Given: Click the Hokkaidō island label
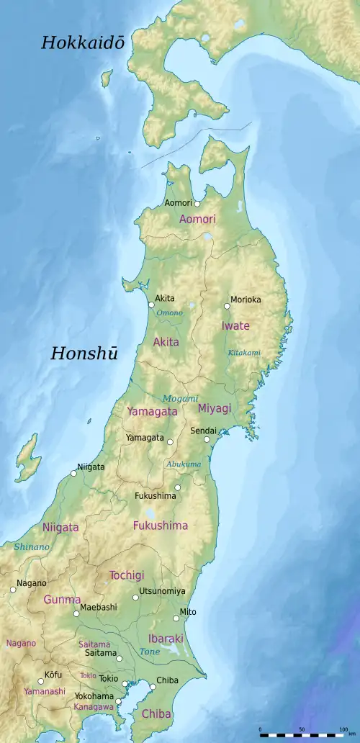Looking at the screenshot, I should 83,43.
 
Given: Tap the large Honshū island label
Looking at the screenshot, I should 84,353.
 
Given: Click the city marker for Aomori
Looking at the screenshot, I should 197,204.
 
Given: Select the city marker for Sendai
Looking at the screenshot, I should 207,439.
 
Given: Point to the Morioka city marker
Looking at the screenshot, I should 227,306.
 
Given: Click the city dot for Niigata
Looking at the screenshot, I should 73,473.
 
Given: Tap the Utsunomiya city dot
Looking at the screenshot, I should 135,597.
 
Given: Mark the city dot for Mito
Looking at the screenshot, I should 176,618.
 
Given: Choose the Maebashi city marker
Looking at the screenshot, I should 76,613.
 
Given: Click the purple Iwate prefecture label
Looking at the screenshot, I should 235,326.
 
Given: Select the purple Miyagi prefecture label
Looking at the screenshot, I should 215,408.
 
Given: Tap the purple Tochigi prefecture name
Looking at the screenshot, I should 127,575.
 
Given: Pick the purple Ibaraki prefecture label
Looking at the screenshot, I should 166,639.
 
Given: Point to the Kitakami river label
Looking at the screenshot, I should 244,353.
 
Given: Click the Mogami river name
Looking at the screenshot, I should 180,398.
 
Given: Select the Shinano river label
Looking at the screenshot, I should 32,547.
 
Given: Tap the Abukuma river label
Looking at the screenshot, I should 184,464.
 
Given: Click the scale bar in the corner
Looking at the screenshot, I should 302,734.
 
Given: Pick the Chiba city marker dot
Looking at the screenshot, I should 153,686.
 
